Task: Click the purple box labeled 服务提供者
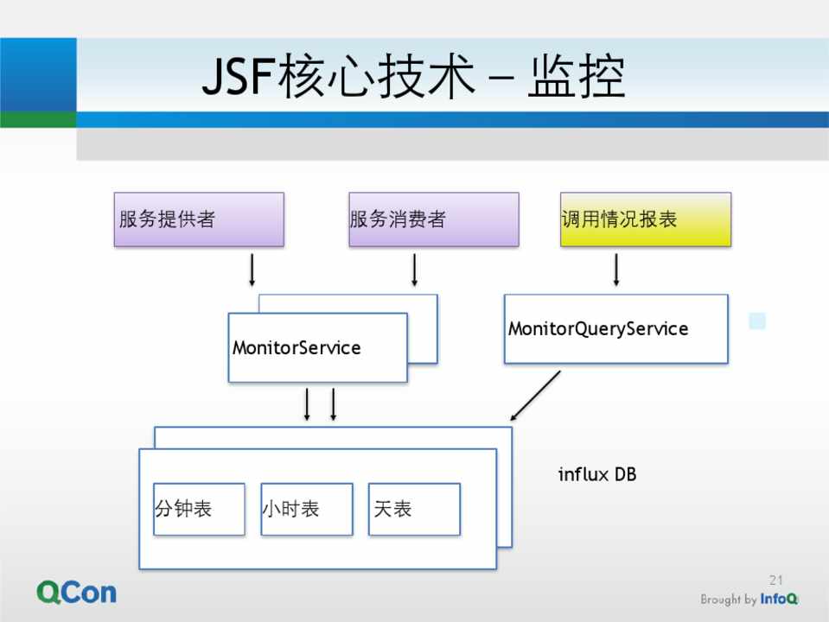click(x=199, y=219)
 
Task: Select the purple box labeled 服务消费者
click(x=434, y=219)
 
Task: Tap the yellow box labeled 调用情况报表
click(x=645, y=219)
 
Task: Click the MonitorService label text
click(x=297, y=348)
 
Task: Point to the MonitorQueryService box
click(x=615, y=329)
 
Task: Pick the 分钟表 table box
click(x=199, y=509)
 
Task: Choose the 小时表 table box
click(x=307, y=509)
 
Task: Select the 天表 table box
click(x=414, y=509)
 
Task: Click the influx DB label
click(x=597, y=474)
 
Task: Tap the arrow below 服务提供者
click(x=252, y=270)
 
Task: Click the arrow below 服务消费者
click(x=415, y=270)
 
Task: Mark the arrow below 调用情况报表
click(x=616, y=270)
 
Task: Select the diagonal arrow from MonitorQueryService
click(x=534, y=397)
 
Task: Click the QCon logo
click(x=76, y=592)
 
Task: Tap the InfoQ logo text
click(x=779, y=600)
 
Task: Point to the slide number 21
click(x=775, y=580)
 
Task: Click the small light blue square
click(x=757, y=321)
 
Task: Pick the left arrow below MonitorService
click(x=307, y=404)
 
